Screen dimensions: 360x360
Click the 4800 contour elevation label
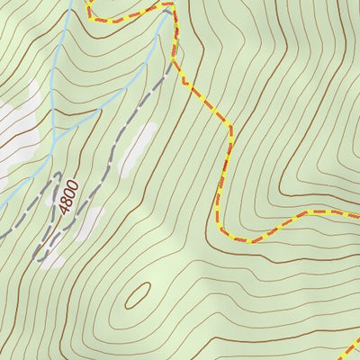click(x=68, y=194)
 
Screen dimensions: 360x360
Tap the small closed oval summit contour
click(x=139, y=293)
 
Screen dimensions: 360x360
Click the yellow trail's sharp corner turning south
click(x=230, y=126)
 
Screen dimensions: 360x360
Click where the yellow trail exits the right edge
click(x=357, y=216)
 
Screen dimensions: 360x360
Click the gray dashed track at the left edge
click(x=3, y=236)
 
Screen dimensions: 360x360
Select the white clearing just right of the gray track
click(x=135, y=148)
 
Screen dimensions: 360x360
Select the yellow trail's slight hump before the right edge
click(x=315, y=212)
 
